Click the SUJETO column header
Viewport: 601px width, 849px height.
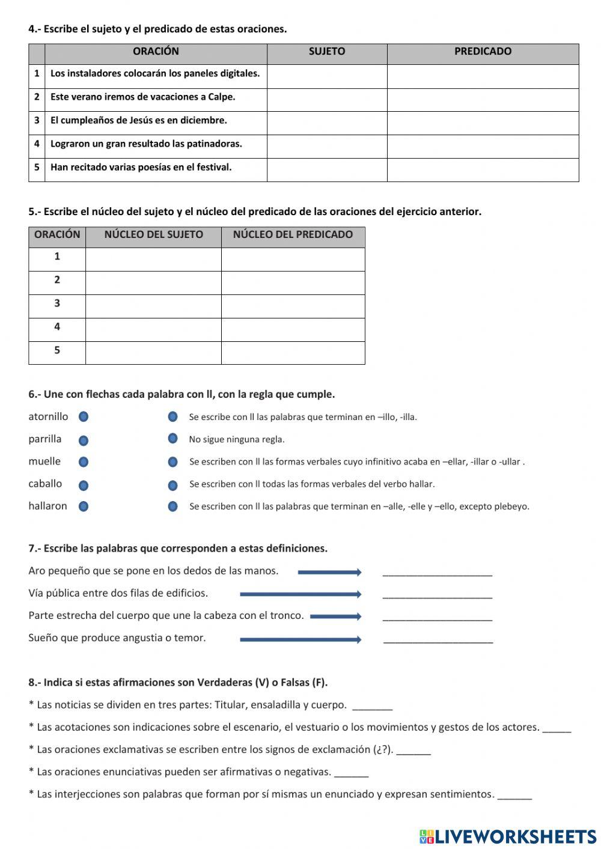point(327,52)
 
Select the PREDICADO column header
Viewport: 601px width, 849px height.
point(483,52)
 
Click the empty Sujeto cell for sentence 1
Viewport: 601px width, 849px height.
point(327,76)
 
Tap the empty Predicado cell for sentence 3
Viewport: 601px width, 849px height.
point(483,123)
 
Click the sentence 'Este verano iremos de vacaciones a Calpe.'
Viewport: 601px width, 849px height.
point(143,97)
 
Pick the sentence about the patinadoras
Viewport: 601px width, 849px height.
point(146,144)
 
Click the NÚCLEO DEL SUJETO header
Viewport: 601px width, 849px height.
point(153,235)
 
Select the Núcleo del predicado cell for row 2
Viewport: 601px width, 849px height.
point(293,282)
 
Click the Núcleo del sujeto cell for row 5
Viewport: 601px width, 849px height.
point(153,353)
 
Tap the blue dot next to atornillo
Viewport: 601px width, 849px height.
point(84,417)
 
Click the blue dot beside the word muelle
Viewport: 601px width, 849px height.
point(84,462)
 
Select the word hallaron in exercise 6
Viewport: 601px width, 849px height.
point(47,506)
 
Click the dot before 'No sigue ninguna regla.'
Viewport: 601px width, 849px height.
point(172,439)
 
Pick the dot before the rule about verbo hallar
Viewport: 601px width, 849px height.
point(172,485)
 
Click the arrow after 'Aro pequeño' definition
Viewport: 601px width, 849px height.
point(329,572)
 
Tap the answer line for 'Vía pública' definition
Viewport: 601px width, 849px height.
point(437,596)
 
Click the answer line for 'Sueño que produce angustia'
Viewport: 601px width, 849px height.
point(438,641)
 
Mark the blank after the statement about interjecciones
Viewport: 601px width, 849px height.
point(515,797)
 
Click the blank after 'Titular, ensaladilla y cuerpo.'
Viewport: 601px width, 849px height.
point(373,708)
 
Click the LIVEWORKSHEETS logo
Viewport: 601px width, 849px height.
point(508,836)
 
